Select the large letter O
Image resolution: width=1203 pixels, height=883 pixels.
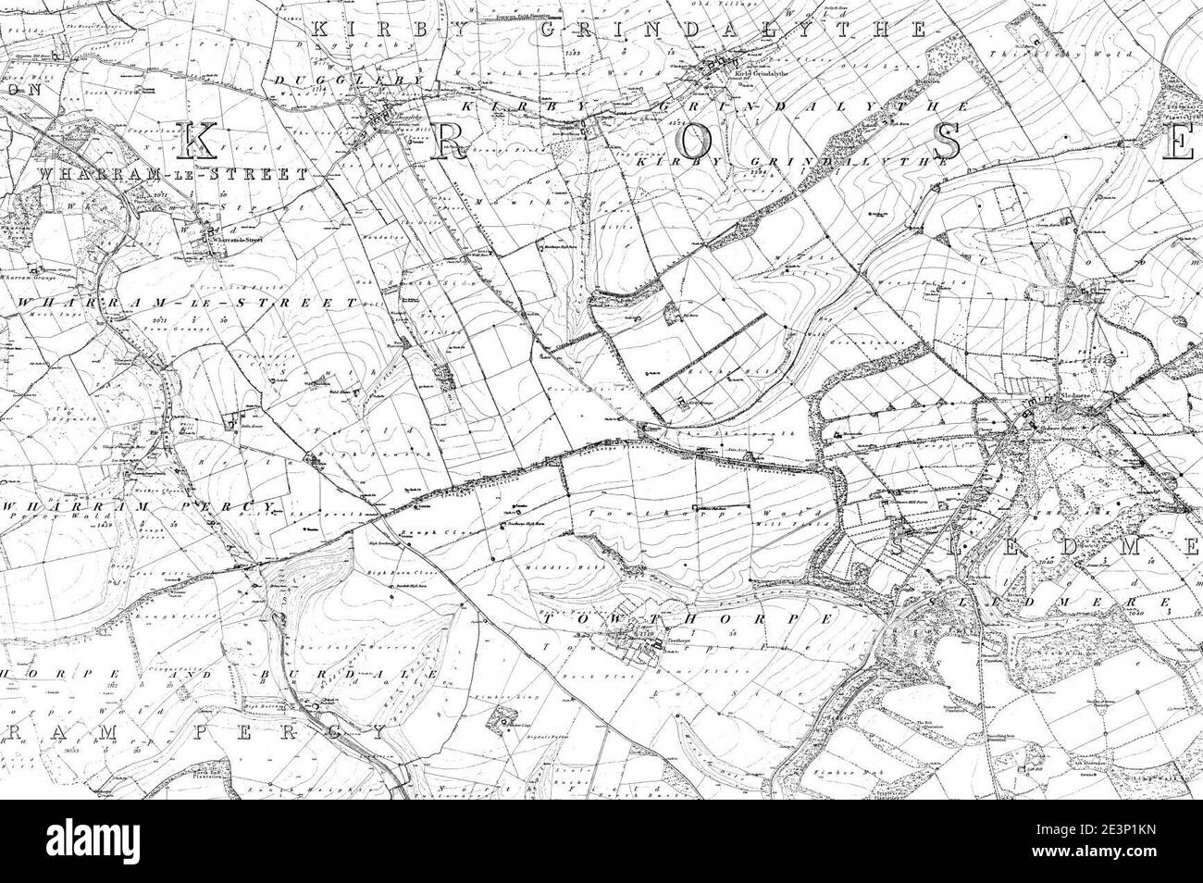click(x=699, y=141)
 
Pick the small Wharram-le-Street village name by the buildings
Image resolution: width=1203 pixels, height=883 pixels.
click(x=238, y=239)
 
